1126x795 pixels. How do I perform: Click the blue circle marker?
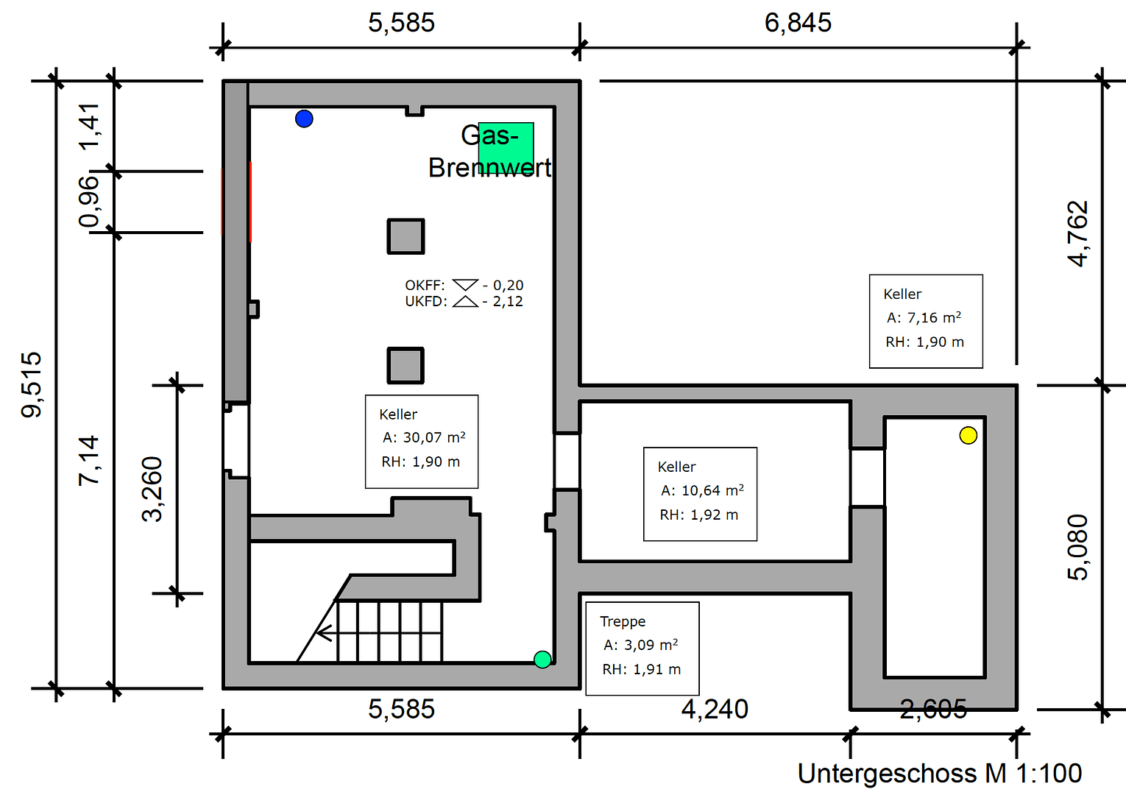(x=304, y=119)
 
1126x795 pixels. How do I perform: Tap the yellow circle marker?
(x=968, y=435)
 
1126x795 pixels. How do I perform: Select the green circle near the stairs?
(x=542, y=659)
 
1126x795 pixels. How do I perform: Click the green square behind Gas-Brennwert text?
(x=506, y=148)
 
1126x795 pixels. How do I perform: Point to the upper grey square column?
(x=406, y=236)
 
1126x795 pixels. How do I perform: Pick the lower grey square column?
(x=406, y=365)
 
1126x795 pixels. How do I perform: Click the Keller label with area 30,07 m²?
(x=422, y=442)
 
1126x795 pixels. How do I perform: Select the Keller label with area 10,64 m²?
(x=700, y=494)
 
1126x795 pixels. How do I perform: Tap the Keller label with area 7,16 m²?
(x=926, y=321)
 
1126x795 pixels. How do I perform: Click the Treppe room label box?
(x=642, y=648)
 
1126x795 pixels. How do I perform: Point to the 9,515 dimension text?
(x=32, y=384)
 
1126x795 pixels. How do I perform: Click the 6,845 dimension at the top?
(x=798, y=23)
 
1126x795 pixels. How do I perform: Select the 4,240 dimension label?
(x=715, y=709)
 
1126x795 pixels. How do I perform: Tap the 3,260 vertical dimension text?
(x=152, y=490)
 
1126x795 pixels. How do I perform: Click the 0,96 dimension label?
(x=88, y=202)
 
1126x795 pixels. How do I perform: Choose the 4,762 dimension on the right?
(x=1078, y=233)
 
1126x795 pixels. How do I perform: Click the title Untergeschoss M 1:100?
(x=940, y=774)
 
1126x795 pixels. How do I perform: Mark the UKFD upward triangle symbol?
(x=465, y=301)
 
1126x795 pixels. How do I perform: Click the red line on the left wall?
(x=250, y=202)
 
